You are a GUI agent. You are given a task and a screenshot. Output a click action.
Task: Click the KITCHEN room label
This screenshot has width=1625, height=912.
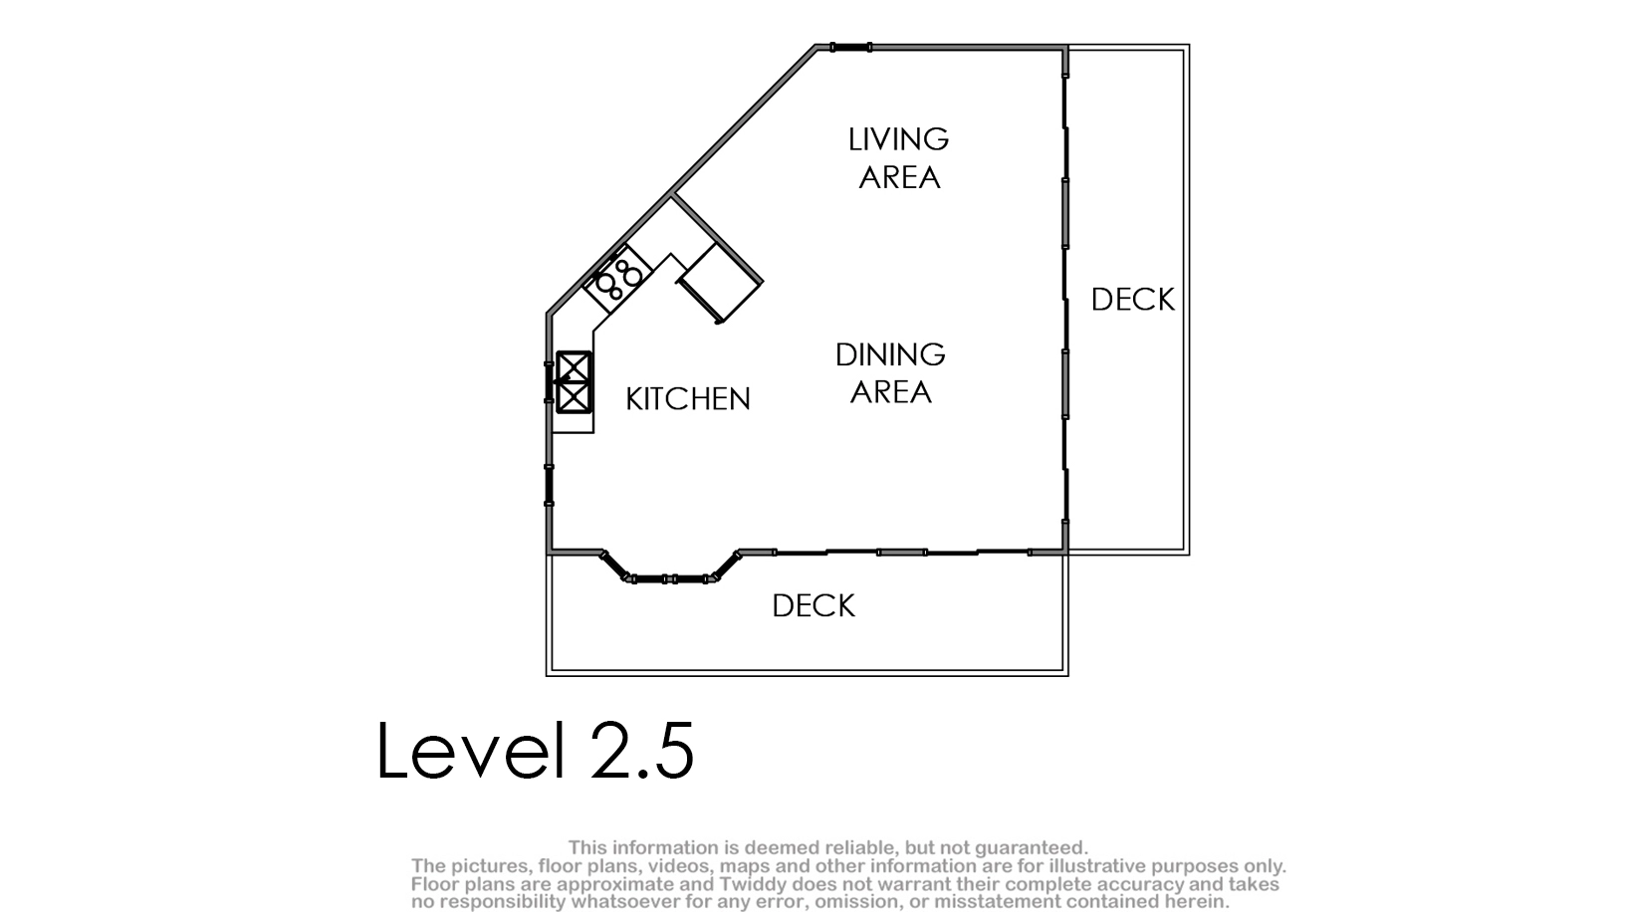(688, 399)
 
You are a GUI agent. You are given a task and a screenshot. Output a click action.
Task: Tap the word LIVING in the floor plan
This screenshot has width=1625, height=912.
(898, 139)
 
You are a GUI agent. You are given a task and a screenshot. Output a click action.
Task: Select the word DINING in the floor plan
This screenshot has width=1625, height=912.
(890, 354)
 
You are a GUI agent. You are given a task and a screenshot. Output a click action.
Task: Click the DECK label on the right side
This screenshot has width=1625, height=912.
(1132, 300)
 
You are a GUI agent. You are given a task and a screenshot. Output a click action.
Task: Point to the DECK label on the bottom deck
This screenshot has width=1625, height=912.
(813, 605)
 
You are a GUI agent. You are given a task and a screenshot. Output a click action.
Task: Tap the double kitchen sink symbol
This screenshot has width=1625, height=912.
(574, 382)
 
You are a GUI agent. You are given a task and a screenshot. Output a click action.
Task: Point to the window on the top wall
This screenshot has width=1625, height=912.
(850, 48)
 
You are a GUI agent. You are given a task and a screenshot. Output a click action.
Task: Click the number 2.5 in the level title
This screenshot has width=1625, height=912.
(642, 751)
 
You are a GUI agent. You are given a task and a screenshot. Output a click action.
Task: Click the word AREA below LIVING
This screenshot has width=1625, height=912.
(899, 178)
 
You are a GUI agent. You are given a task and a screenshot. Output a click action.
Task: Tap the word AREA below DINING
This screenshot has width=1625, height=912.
(891, 392)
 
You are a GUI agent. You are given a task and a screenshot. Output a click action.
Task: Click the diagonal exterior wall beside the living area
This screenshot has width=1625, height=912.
(682, 180)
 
